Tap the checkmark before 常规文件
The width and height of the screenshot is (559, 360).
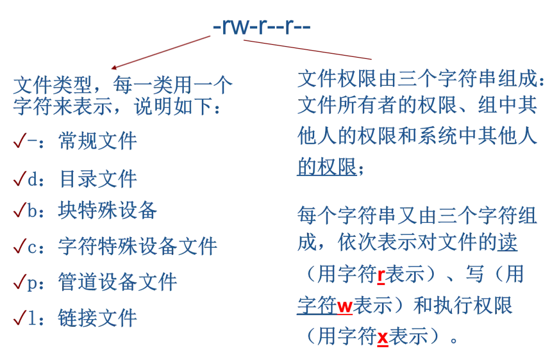(x=20, y=140)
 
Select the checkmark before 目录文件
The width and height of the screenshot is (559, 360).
(x=20, y=179)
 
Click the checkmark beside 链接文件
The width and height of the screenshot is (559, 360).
(x=20, y=317)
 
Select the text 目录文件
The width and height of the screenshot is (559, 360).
(x=98, y=180)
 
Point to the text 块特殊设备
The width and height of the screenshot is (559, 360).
(x=107, y=212)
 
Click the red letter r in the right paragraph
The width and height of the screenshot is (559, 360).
(x=380, y=277)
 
